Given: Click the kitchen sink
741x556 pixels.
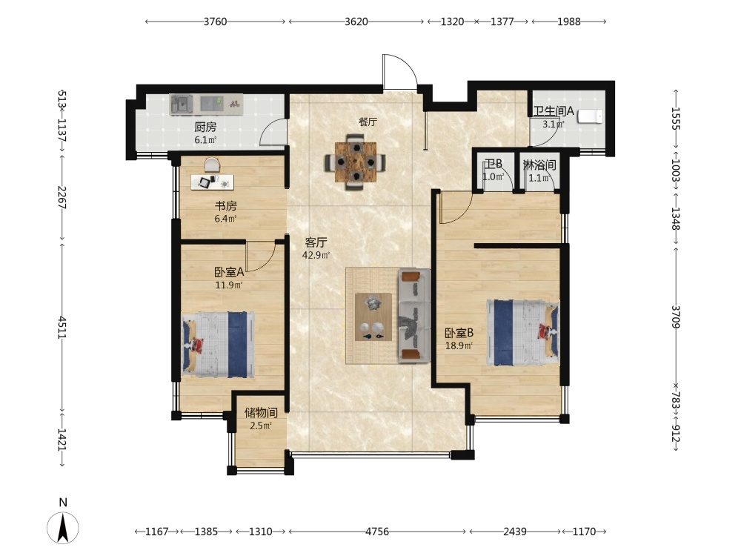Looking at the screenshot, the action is pos(182,105).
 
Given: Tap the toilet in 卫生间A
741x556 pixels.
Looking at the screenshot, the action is pos(591,116).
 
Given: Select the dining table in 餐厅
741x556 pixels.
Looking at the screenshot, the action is pos(356,162).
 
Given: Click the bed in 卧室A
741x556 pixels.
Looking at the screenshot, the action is pos(219,344).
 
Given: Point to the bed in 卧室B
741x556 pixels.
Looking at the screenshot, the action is pos(522,332).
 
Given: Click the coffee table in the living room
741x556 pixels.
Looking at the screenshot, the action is pos(373,317).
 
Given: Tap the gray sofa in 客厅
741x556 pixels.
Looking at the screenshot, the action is pos(414,316).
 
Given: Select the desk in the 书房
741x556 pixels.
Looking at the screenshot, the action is pos(212,182).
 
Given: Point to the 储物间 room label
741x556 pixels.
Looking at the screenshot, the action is pos(261,413).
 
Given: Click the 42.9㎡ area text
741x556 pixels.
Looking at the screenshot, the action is pos(316,255).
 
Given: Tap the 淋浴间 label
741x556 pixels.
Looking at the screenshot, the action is pos(539,165).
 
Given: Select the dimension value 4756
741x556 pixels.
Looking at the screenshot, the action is pos(377,532).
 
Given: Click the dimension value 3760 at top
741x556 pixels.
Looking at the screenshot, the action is pos(215,21).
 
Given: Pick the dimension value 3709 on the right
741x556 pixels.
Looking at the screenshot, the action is pos(675,317).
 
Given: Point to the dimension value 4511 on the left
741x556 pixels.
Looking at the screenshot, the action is pos(62,327).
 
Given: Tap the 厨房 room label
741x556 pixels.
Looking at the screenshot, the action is pos(205,128).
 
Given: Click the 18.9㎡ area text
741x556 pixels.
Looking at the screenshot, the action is pos(459,345).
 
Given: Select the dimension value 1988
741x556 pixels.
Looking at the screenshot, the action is pos(568,21).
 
